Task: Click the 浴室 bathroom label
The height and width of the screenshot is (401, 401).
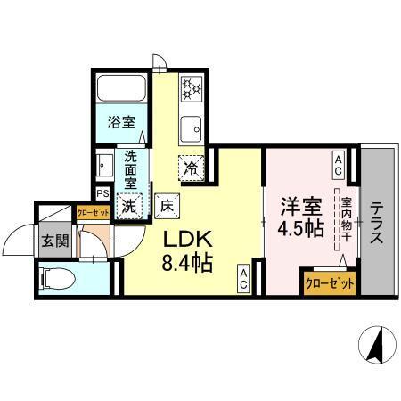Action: click(122, 121)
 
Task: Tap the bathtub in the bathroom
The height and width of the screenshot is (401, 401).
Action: click(122, 90)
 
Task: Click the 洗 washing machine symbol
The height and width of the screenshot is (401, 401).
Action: click(130, 205)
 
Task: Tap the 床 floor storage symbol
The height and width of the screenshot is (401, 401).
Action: click(167, 205)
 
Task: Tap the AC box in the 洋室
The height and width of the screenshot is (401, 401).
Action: click(340, 160)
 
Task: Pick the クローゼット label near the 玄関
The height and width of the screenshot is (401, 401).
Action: click(93, 212)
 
